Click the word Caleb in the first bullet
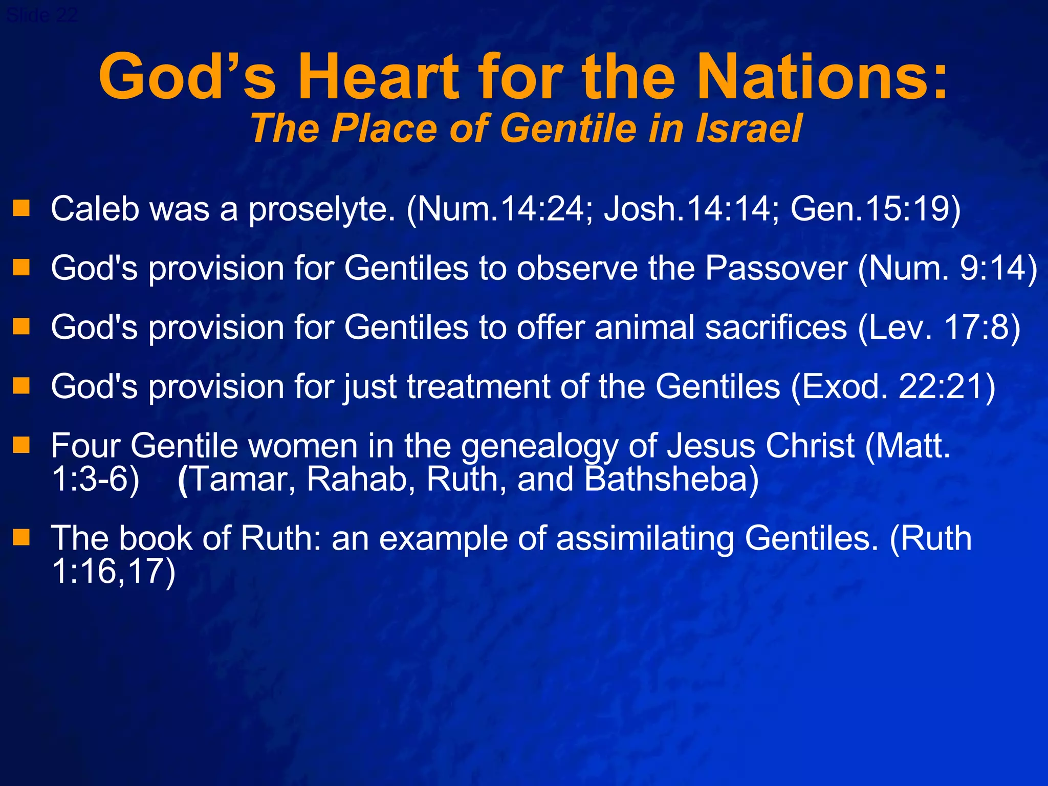click(95, 209)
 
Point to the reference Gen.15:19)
click(876, 209)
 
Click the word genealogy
click(539, 446)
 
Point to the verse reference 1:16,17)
click(114, 572)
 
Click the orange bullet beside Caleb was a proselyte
click(21, 208)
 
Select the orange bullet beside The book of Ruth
click(21, 537)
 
